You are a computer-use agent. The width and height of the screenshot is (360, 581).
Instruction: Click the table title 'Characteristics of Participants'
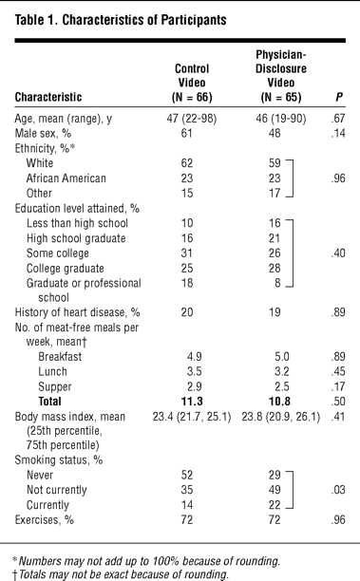(144, 20)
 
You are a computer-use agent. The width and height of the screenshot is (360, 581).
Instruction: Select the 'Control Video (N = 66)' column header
(192, 83)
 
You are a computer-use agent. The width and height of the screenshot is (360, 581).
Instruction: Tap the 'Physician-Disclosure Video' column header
(281, 76)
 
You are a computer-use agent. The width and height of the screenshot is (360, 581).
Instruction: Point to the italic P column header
(339, 97)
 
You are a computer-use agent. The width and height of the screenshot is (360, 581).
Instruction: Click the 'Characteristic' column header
(48, 97)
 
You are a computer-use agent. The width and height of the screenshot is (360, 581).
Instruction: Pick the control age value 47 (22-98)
(192, 119)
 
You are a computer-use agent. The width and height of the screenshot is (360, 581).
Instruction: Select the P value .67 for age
(338, 119)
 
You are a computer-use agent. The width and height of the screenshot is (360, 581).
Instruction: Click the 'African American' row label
(66, 178)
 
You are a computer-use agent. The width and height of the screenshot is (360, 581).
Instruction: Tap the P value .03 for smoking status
(338, 490)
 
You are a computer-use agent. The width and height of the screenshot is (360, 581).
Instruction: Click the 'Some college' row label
(57, 253)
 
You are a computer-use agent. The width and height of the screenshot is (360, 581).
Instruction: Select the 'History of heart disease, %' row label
(77, 312)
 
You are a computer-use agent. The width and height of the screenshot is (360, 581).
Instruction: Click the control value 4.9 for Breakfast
(195, 356)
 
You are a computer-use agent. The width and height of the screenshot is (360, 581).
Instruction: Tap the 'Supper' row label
(55, 386)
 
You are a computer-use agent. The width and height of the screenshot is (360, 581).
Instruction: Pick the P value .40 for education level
(338, 253)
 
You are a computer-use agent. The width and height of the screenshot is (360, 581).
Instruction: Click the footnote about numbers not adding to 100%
(146, 561)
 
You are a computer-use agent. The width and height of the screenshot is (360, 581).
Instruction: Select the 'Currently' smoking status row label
(47, 505)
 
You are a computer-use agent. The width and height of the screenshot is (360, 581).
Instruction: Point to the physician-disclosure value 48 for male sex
(275, 134)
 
